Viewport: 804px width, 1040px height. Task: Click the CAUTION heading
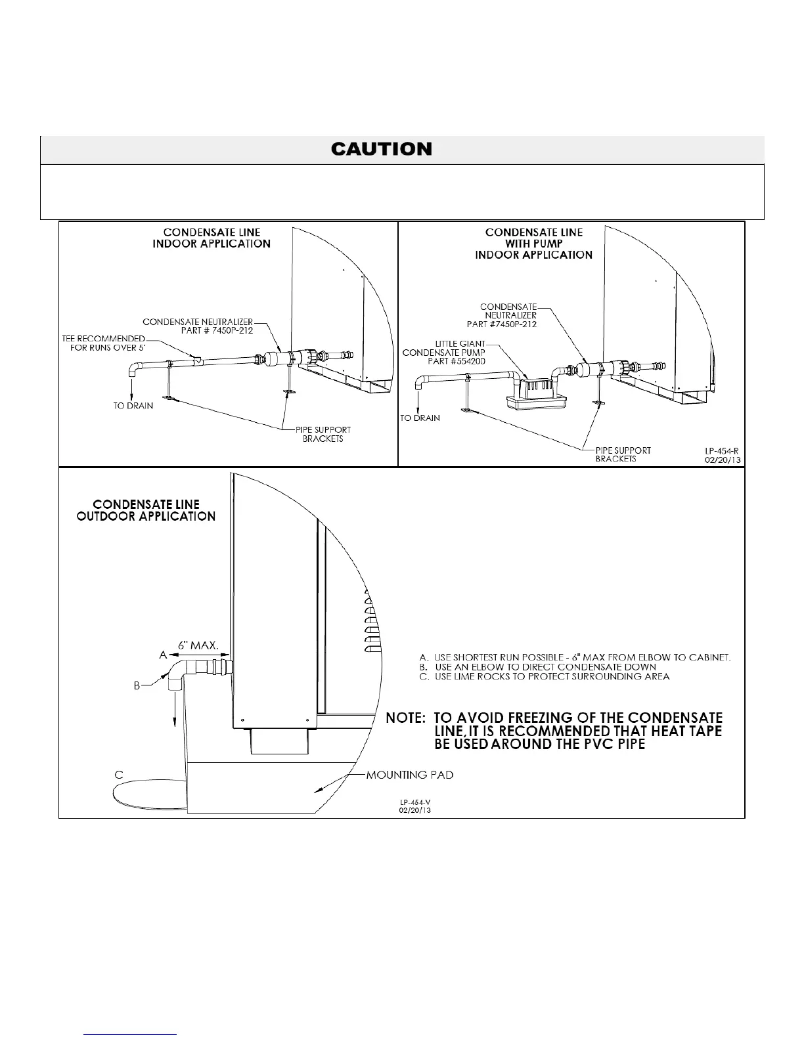382,150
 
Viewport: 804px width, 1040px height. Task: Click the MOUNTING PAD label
410,775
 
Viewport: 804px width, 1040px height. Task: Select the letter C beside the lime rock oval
119,775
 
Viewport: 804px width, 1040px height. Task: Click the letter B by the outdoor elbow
137,685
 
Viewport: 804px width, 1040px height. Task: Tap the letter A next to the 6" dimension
163,655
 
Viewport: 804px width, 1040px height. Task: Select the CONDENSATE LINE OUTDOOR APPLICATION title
146,510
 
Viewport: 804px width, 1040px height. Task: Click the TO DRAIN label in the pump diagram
420,418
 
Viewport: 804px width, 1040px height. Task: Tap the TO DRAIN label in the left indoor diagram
133,406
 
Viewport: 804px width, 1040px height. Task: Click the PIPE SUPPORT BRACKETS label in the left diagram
323,434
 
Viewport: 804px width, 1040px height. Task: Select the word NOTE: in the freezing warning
406,718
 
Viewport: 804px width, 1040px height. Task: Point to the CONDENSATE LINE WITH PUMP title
533,243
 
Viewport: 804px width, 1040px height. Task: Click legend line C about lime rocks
545,676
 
